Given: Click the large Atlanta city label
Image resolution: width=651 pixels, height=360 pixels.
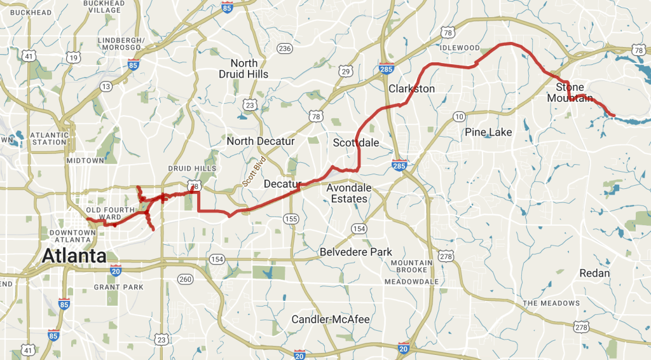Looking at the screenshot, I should click(74, 257).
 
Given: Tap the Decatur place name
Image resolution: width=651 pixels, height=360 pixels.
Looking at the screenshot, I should click(281, 184).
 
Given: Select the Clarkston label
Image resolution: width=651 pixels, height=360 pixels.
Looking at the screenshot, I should click(412, 88).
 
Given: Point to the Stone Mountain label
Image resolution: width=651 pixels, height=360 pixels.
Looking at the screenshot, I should click(570, 92).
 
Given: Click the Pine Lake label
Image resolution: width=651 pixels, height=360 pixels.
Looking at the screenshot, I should click(488, 132).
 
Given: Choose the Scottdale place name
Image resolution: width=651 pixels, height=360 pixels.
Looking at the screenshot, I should click(356, 143).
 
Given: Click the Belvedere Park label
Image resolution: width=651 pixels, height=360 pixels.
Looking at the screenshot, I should click(355, 251).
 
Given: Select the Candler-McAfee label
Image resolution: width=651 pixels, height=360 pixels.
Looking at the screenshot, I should click(330, 319).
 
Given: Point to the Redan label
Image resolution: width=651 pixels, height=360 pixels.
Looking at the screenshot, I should click(594, 273).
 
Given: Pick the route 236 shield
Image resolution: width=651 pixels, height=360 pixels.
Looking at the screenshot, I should click(284, 49).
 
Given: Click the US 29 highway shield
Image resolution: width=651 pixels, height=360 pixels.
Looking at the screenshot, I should click(345, 71).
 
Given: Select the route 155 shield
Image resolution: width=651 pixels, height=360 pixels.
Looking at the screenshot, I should click(291, 219).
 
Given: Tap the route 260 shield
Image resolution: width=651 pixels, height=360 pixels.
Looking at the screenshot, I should click(185, 279).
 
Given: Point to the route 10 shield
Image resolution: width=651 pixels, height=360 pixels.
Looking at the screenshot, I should click(459, 116).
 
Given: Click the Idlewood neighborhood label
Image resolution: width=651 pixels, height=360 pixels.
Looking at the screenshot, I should click(460, 48).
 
